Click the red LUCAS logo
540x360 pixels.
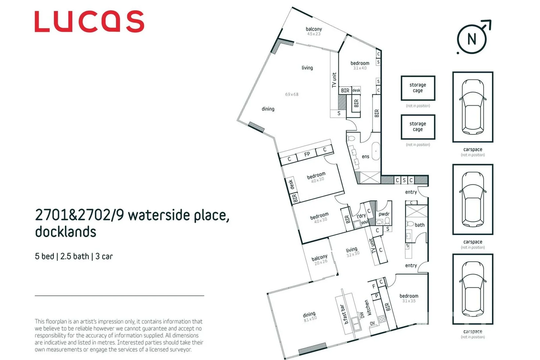pyautogui.click(x=89, y=22)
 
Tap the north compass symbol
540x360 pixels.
pyautogui.click(x=472, y=39)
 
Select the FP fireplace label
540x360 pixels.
pyautogui.click(x=307, y=154)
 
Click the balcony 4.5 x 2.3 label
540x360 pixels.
pyautogui.click(x=314, y=31)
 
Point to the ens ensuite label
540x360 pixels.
pyautogui.click(x=366, y=156)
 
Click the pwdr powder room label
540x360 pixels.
pyautogui.click(x=384, y=214)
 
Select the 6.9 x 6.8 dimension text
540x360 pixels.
pyautogui.click(x=292, y=94)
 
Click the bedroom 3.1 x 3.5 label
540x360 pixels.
pyautogui.click(x=409, y=298)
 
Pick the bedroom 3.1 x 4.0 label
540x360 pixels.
pyautogui.click(x=360, y=65)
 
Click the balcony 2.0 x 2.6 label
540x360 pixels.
pyautogui.click(x=320, y=260)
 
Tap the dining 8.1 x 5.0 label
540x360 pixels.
pyautogui.click(x=310, y=316)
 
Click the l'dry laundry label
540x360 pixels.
pyautogui.click(x=361, y=216)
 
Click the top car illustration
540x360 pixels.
pyautogui.click(x=473, y=107)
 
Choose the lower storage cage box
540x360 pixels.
pyautogui.click(x=418, y=127)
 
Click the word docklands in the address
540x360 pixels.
pyautogui.click(x=66, y=232)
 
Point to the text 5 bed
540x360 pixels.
pyautogui.click(x=44, y=256)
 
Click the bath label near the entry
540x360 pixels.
pyautogui.click(x=420, y=225)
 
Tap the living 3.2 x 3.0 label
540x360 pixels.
pyautogui.click(x=352, y=252)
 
